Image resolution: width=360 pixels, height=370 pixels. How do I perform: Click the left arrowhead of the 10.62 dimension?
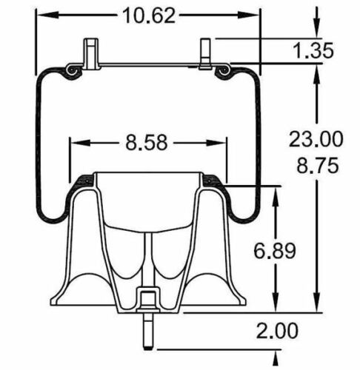pyautogui.click(x=41, y=14)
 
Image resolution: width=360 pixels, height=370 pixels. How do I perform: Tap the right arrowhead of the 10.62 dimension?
pyautogui.click(x=257, y=14)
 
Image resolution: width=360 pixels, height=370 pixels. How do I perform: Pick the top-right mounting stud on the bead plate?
pyautogui.click(x=206, y=53)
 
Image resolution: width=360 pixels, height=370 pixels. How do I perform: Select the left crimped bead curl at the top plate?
pyautogui.click(x=72, y=70)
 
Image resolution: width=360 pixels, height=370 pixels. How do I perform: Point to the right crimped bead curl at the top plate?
pyautogui.click(x=224, y=70)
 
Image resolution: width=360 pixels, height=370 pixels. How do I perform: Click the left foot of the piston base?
pyautogui.click(x=63, y=303)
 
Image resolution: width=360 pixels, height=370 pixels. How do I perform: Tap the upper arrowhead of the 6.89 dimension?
pyautogui.click(x=276, y=191)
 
